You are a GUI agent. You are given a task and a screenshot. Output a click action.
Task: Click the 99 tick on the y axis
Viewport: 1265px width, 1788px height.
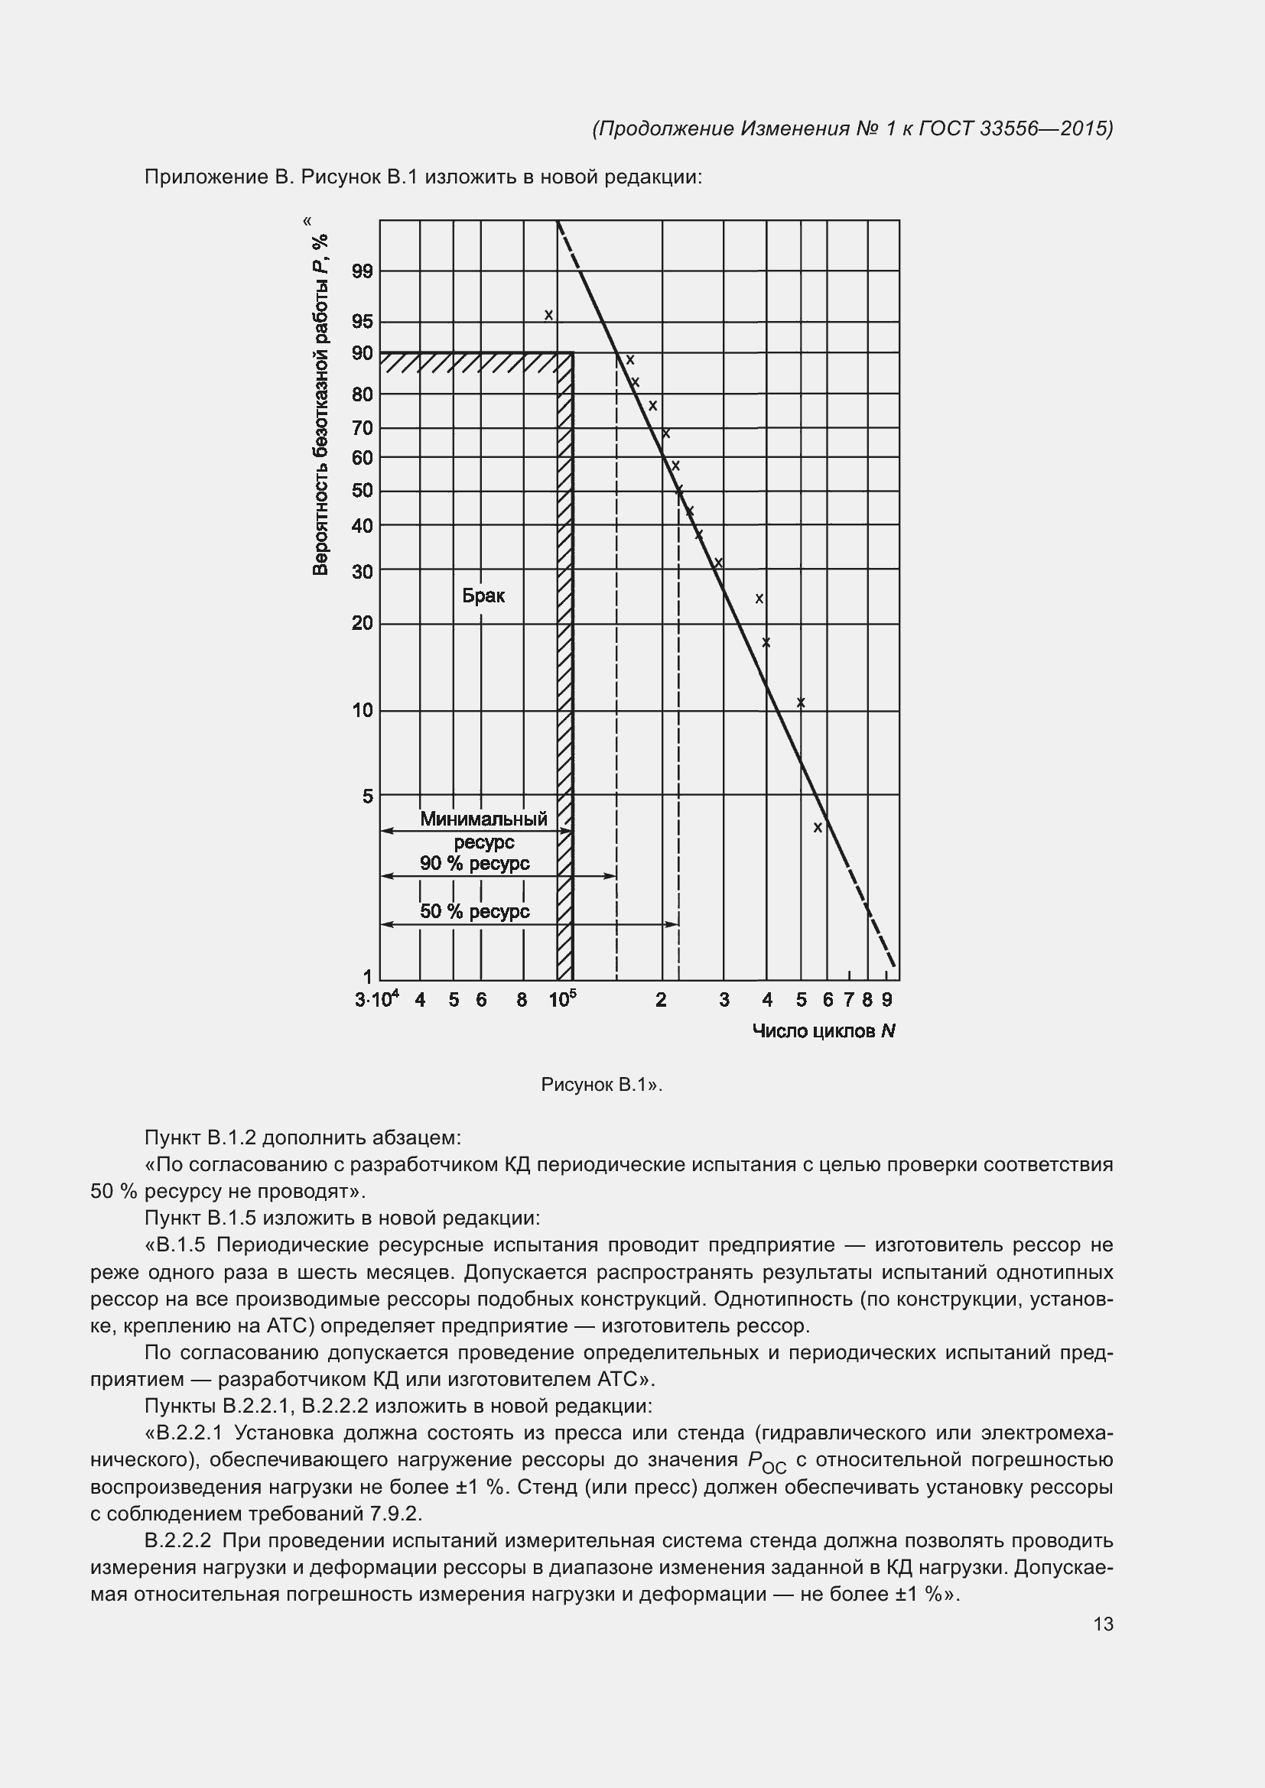pyautogui.click(x=363, y=271)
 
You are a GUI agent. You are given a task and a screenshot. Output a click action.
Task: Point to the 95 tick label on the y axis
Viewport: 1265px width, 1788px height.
pyautogui.click(x=363, y=322)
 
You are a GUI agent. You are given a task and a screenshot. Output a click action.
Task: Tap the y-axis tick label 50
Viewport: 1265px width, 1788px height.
pyautogui.click(x=363, y=491)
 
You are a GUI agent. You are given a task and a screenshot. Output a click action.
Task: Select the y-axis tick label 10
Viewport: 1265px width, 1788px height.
pyautogui.click(x=363, y=710)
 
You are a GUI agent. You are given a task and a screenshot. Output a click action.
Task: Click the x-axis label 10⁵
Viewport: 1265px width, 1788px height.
pyautogui.click(x=562, y=999)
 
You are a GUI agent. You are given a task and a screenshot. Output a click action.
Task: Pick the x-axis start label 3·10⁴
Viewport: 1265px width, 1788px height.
pyautogui.click(x=377, y=999)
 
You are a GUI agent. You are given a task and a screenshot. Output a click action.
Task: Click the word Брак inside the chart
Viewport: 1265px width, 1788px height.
pyautogui.click(x=483, y=595)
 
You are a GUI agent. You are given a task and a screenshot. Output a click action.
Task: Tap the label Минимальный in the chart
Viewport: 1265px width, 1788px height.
pyautogui.click(x=483, y=819)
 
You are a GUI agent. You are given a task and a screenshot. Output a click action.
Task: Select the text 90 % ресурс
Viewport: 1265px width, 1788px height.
pyautogui.click(x=474, y=863)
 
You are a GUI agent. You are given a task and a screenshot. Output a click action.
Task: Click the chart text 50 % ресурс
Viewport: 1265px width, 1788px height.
pyautogui.click(x=474, y=911)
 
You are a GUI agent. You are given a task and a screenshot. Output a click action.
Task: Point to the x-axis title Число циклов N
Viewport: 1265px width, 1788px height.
pyautogui.click(x=824, y=1031)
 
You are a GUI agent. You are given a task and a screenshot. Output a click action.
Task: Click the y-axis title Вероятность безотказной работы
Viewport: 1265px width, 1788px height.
pyautogui.click(x=320, y=405)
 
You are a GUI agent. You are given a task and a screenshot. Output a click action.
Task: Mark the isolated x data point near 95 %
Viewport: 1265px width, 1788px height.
pyautogui.click(x=548, y=315)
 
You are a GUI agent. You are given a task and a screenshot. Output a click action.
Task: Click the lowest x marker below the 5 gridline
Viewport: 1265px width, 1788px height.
pyautogui.click(x=818, y=827)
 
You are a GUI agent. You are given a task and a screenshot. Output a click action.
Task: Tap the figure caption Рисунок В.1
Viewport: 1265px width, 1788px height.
pyautogui.click(x=600, y=1085)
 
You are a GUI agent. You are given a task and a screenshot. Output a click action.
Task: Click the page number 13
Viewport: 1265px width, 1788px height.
pyautogui.click(x=1103, y=1624)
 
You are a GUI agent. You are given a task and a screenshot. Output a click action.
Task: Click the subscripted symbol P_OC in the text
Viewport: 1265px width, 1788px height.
pyautogui.click(x=766, y=1462)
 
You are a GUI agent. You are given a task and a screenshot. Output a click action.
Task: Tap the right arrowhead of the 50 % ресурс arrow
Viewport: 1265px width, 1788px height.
pyautogui.click(x=674, y=924)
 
